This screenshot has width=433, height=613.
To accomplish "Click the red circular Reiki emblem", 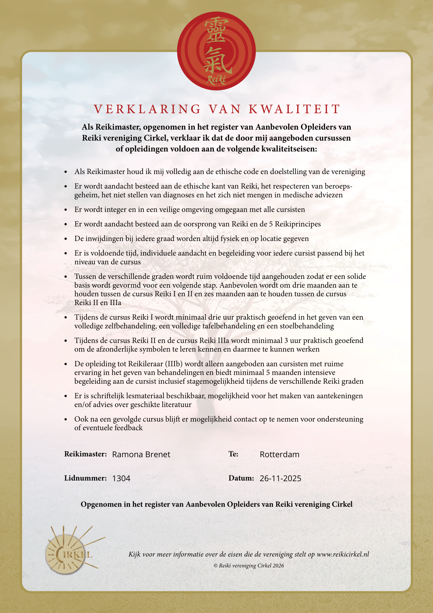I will click(216, 51).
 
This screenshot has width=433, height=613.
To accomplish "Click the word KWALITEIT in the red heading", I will click(295, 109).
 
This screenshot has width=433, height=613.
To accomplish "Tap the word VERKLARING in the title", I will click(147, 109).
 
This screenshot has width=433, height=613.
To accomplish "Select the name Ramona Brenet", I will click(141, 454).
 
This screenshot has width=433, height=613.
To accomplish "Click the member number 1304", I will click(121, 478).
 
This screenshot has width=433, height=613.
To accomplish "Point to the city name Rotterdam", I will click(279, 454).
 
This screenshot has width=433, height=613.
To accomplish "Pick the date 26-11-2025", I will click(280, 478).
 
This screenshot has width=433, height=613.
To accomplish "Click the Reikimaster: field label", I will click(85, 454).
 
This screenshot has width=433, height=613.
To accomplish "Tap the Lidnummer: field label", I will click(85, 478).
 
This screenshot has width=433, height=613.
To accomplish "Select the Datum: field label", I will click(241, 478).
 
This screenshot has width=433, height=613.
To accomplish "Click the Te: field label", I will click(233, 454).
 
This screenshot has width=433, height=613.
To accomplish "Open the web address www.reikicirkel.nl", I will click(343, 554).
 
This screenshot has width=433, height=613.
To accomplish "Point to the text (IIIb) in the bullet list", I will click(174, 364).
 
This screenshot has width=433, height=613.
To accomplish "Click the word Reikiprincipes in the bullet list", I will click(298, 224).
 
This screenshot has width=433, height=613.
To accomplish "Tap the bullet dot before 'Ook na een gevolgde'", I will click(66, 419).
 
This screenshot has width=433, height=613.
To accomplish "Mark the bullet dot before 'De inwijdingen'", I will click(66, 239).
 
